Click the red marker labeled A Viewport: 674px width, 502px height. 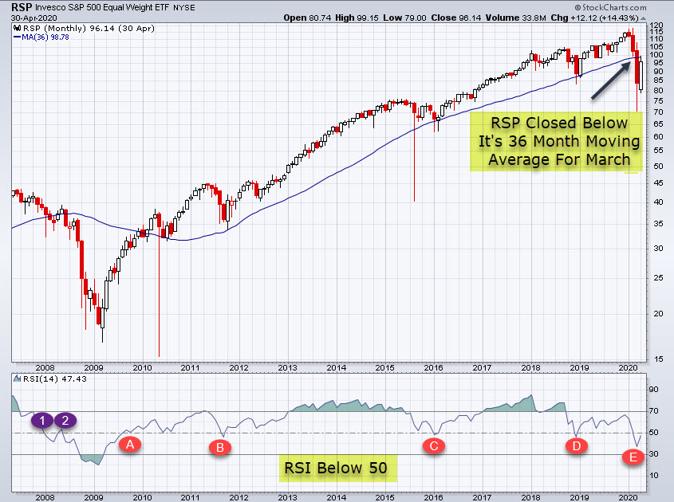(130, 445)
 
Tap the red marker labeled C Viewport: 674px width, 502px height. (433, 446)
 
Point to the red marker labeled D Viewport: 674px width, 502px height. (576, 446)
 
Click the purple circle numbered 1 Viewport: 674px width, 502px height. (42, 420)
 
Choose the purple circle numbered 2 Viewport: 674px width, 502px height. (66, 420)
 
